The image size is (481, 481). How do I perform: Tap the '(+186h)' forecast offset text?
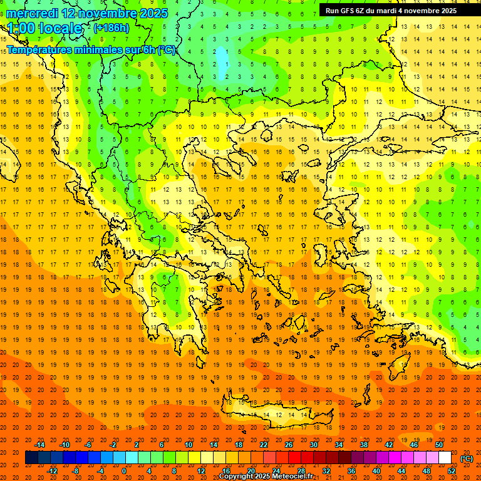pos(111,28)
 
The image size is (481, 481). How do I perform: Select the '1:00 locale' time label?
pos(44,28)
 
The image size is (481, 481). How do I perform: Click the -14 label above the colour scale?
pos(39,445)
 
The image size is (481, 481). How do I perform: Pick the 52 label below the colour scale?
pos(452,471)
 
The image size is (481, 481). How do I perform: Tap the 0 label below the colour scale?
pos(123,471)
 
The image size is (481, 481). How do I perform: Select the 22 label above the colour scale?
pos(264,445)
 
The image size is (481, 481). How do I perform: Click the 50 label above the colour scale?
pos(439,445)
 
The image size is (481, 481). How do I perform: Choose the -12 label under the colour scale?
pos(53,471)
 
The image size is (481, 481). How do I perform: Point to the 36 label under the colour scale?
pos(351,471)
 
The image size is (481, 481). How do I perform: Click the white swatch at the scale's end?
pos(445,458)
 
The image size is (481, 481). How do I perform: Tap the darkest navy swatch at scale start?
pos(31,458)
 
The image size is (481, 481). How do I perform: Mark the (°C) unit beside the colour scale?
pos(466,458)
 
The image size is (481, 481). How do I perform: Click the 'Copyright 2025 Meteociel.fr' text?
pos(266,477)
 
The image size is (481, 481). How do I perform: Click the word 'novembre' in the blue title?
pos(108,13)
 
